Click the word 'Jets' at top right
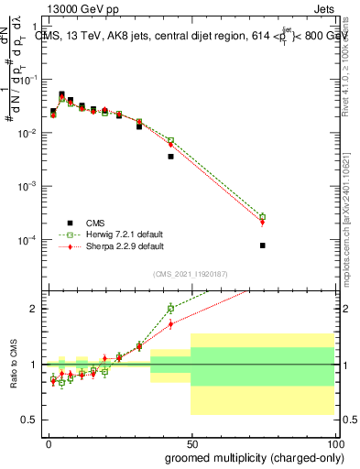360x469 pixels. tap(319, 9)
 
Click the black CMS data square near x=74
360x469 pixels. tap(262, 245)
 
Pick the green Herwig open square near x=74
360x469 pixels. tap(262, 216)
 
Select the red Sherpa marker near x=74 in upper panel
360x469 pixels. tap(262, 223)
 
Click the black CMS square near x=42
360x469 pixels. tap(170, 157)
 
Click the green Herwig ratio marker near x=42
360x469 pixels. tap(170, 309)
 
